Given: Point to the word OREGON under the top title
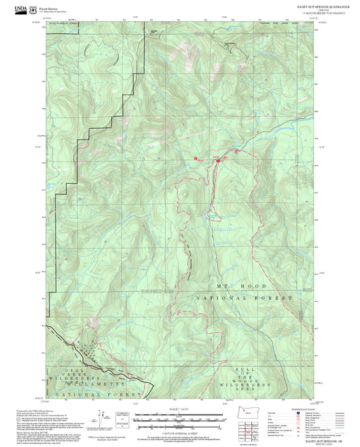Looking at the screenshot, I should click(315, 10).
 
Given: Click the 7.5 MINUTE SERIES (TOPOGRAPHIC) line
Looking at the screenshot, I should click(315, 14).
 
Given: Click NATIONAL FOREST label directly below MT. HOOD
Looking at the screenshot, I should click(244, 298).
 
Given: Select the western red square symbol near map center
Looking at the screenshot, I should click(196, 159).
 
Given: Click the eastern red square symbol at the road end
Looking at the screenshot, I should click(217, 160).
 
